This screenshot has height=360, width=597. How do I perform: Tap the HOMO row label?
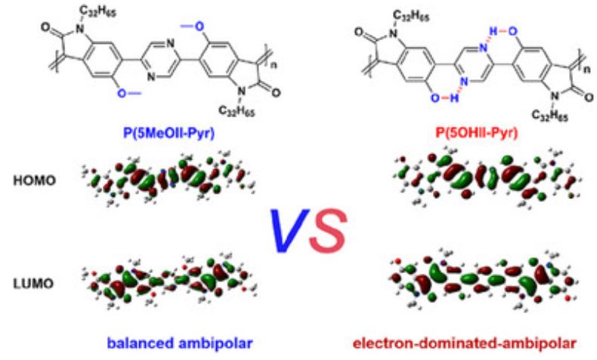pos(33,179)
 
